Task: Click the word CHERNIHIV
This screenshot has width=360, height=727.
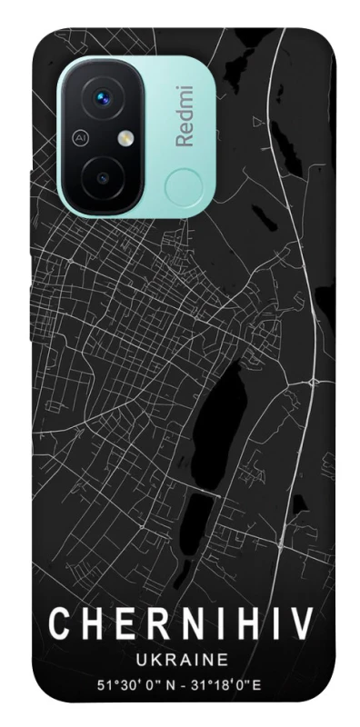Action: pos(180,626)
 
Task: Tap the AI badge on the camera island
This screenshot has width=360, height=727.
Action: pos(80,138)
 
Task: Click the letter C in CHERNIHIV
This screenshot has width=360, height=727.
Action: pos(57,626)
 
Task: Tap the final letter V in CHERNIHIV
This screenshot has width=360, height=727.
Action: pos(302,626)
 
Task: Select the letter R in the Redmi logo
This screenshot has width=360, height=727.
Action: pos(184,139)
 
